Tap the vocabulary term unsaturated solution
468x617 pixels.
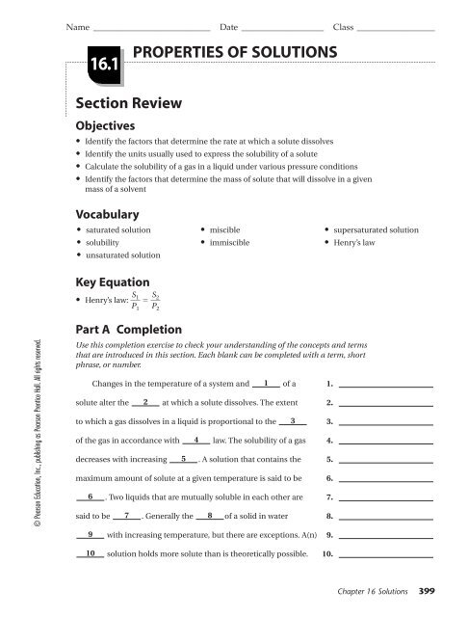pos(122,255)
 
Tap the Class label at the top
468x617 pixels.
pos(344,12)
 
